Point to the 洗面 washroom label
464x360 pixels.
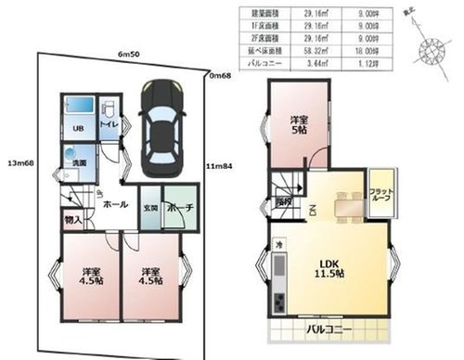click(80, 164)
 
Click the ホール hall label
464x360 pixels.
click(116, 203)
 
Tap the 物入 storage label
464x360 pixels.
click(73, 221)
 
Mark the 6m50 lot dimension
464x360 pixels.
click(129, 56)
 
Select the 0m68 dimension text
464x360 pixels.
click(221, 75)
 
